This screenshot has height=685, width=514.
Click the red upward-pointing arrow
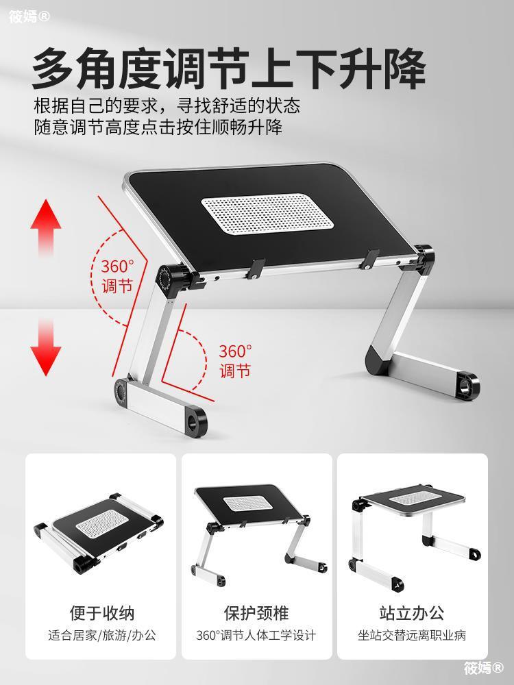pyautogui.click(x=46, y=227)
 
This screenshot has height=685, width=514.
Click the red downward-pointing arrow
pyautogui.click(x=46, y=347)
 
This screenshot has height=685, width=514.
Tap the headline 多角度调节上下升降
pyautogui.click(x=229, y=69)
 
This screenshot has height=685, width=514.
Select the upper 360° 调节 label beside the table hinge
pyautogui.click(x=118, y=276)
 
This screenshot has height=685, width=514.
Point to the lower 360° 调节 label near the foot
pyautogui.click(x=235, y=361)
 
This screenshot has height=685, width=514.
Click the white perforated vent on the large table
pyautogui.click(x=267, y=214)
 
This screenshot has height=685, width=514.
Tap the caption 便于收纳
pyautogui.click(x=102, y=613)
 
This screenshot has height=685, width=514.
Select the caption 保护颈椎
pyautogui.click(x=256, y=613)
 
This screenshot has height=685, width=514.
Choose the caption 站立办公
pyautogui.click(x=412, y=613)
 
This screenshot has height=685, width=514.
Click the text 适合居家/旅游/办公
pyautogui.click(x=102, y=635)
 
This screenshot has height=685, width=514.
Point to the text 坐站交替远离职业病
pyautogui.click(x=412, y=635)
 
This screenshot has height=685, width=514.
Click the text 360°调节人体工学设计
pyautogui.click(x=256, y=635)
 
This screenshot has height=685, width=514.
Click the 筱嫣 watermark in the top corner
pyautogui.click(x=29, y=16)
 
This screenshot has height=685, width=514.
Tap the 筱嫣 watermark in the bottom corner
pyautogui.click(x=483, y=667)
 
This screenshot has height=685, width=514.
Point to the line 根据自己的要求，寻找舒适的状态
pyautogui.click(x=167, y=105)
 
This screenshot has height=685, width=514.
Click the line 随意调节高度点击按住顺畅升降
pyautogui.click(x=158, y=127)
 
